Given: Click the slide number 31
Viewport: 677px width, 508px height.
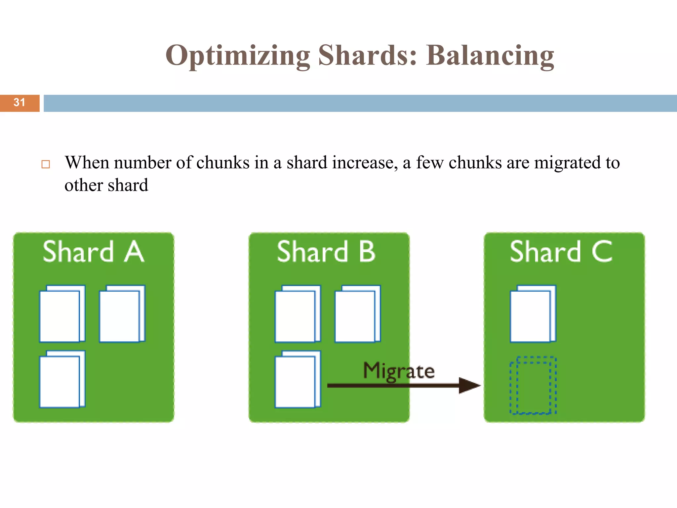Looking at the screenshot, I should coord(19,103).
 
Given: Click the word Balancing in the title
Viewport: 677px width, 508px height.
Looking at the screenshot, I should coord(490,56).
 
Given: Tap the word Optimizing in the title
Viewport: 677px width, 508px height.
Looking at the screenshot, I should coord(238,56).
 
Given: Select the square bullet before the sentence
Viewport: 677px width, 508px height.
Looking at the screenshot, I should coord(46,164).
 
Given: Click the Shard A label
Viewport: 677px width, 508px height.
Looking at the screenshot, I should coord(94,252).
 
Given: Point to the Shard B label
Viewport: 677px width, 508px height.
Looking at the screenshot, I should coord(326,252).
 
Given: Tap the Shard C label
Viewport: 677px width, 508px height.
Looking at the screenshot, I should coord(561,252).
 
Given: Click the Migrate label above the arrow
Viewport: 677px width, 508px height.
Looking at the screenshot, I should coord(399,371).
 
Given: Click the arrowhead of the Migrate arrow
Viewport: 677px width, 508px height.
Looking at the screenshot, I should coord(469,385).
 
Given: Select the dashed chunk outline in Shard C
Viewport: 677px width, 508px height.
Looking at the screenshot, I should coord(533,385).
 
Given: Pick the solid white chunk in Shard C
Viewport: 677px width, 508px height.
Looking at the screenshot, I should coord(533,314).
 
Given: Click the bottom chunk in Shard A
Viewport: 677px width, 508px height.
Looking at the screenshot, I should coord(62,379).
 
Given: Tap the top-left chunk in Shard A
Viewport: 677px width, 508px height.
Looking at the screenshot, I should coord(62,314).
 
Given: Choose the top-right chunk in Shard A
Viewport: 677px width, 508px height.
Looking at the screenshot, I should coord(122,314).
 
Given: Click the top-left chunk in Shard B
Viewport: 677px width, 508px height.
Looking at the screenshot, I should coord(298,314).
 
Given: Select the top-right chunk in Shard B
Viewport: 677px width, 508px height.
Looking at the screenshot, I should coord(357,314).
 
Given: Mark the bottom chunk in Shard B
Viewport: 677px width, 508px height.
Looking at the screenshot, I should coord(298,379).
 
